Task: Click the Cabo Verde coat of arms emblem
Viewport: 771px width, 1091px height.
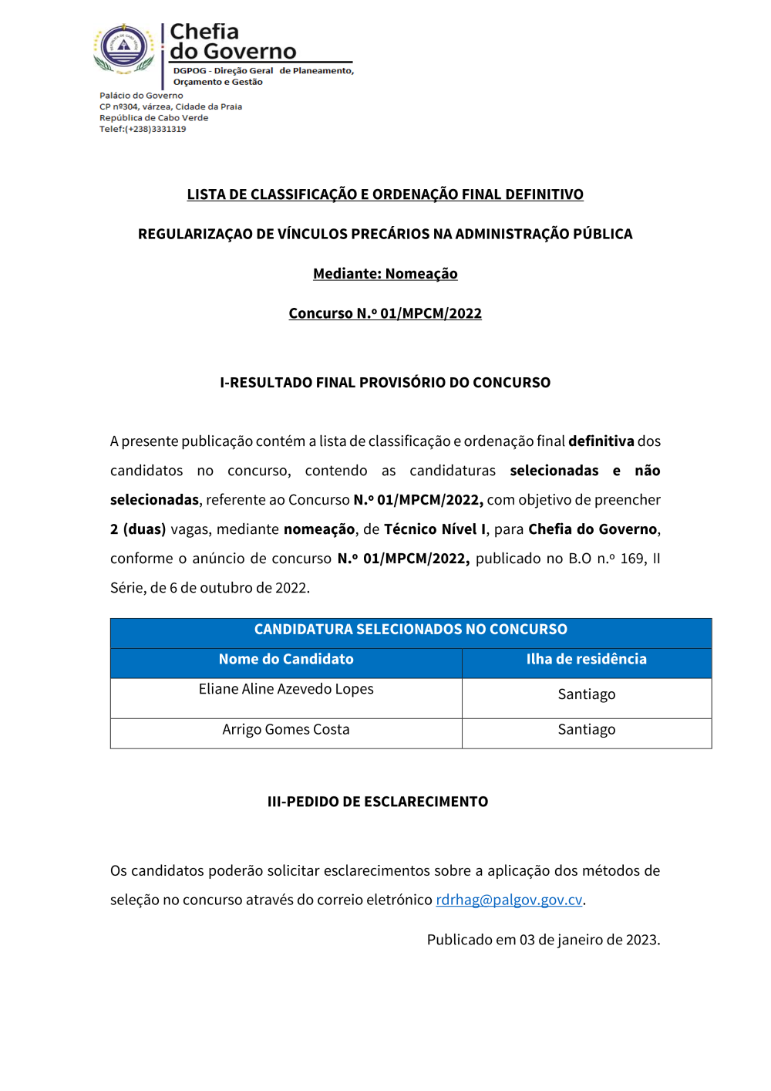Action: tap(124, 48)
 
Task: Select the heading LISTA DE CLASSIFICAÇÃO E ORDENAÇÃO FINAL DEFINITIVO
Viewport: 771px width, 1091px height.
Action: tap(385, 194)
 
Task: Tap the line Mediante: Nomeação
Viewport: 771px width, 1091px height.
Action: tap(385, 274)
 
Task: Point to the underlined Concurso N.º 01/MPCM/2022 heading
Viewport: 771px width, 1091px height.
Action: tap(385, 313)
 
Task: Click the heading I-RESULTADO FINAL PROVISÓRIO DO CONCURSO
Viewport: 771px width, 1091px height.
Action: tap(385, 383)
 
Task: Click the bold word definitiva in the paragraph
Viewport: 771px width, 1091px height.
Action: tap(601, 441)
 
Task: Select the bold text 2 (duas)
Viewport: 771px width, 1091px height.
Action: tap(138, 529)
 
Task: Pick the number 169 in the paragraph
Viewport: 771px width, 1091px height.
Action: tap(632, 559)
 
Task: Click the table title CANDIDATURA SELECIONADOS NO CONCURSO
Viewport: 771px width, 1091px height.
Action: tap(410, 630)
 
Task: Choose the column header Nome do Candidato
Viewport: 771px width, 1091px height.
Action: tap(286, 660)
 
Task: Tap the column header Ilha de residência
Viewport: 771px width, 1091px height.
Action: tap(586, 660)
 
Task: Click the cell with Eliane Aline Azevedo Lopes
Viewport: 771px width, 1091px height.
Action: tap(286, 690)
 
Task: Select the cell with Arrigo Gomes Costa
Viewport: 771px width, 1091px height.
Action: tap(286, 730)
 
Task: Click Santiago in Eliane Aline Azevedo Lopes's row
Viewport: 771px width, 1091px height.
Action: tap(586, 694)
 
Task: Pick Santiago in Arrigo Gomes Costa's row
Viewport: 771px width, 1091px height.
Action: tap(586, 730)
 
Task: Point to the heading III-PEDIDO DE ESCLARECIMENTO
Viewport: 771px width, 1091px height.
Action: tap(377, 802)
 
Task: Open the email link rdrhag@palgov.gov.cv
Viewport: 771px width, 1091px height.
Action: tap(509, 900)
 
